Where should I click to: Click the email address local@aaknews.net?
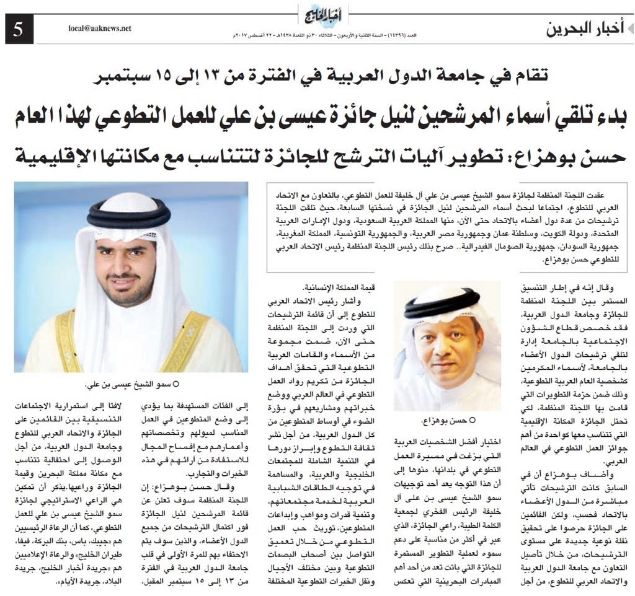[100, 28]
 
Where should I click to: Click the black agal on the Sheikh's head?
[129, 214]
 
